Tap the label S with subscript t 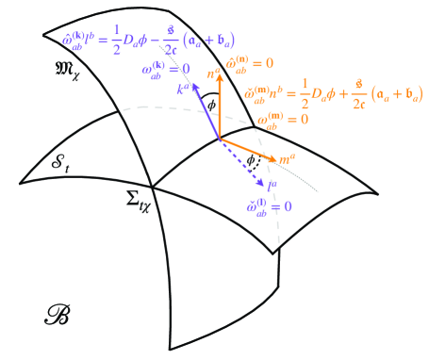coord(57,164)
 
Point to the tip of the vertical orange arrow coord(221,77)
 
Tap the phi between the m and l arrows coord(249,160)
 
